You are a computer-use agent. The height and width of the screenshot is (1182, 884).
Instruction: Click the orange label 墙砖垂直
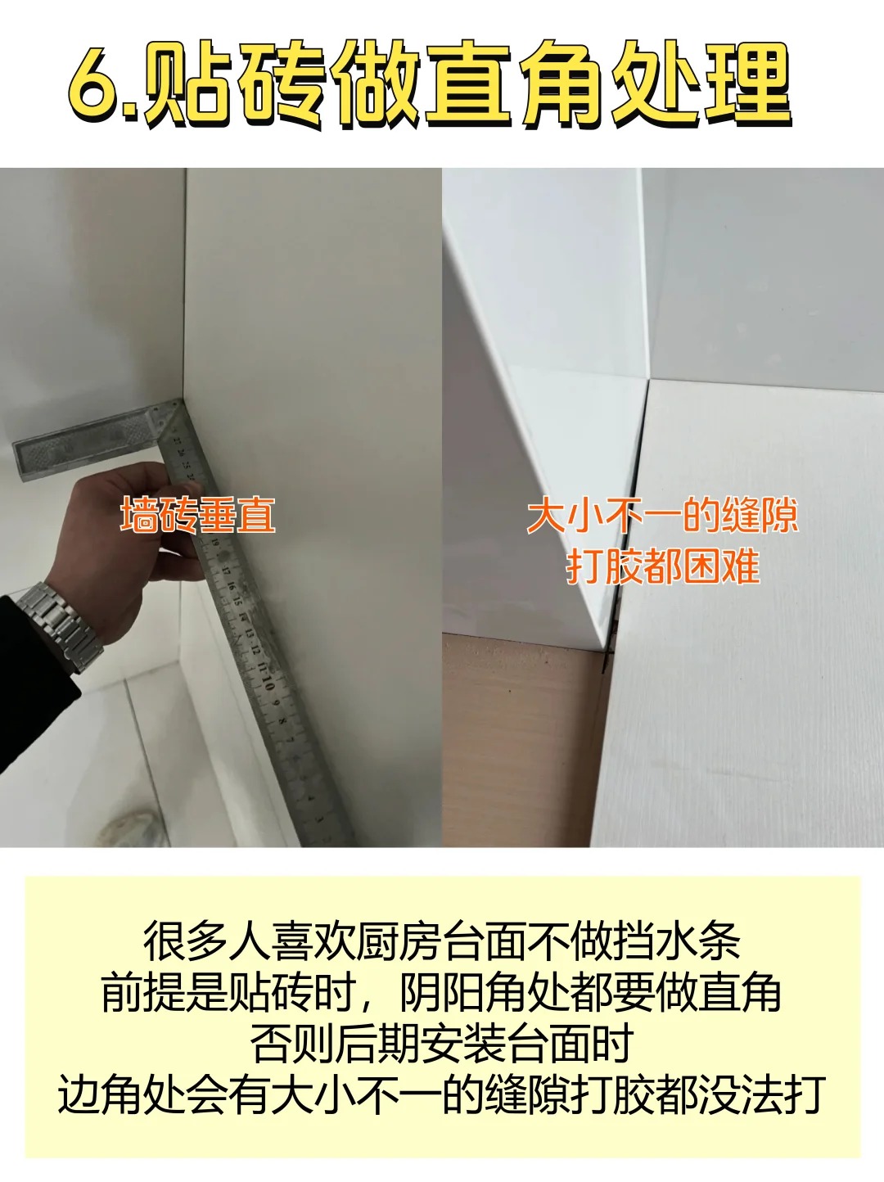197,516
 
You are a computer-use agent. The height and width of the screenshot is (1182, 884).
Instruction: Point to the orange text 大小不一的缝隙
662,517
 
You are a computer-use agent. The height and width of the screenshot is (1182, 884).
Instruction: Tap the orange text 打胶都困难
663,566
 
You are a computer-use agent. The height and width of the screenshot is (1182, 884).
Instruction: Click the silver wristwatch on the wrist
59,625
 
